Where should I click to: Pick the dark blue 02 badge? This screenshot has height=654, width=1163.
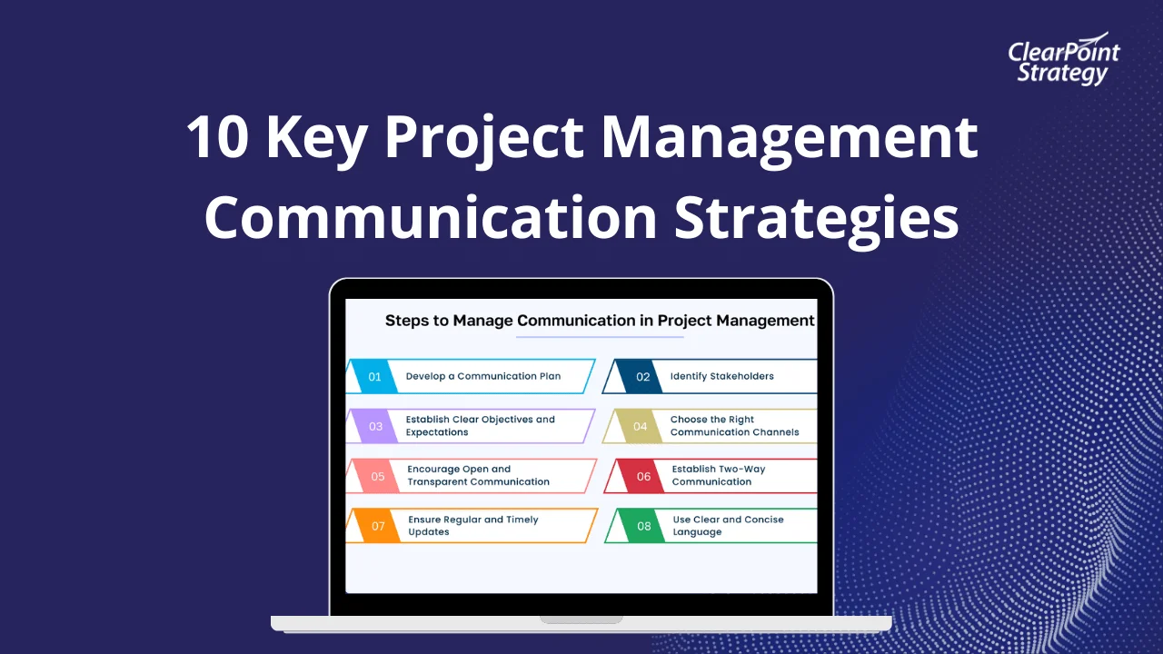click(x=642, y=377)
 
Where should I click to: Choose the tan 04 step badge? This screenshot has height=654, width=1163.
click(x=641, y=426)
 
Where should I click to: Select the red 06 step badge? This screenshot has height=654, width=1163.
click(x=643, y=476)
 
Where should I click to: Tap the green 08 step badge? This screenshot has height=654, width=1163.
click(x=643, y=526)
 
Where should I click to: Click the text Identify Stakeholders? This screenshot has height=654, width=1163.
click(x=721, y=376)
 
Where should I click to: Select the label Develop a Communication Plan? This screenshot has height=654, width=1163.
click(x=482, y=376)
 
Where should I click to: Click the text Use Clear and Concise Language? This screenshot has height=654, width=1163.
click(x=728, y=526)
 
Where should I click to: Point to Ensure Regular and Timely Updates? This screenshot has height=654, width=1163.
click(x=472, y=526)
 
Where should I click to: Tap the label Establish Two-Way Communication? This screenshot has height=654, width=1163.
click(x=718, y=476)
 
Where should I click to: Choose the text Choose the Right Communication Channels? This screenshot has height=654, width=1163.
click(x=734, y=426)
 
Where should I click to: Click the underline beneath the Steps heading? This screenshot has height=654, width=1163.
click(x=600, y=338)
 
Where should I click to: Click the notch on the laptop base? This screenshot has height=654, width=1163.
click(x=581, y=620)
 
